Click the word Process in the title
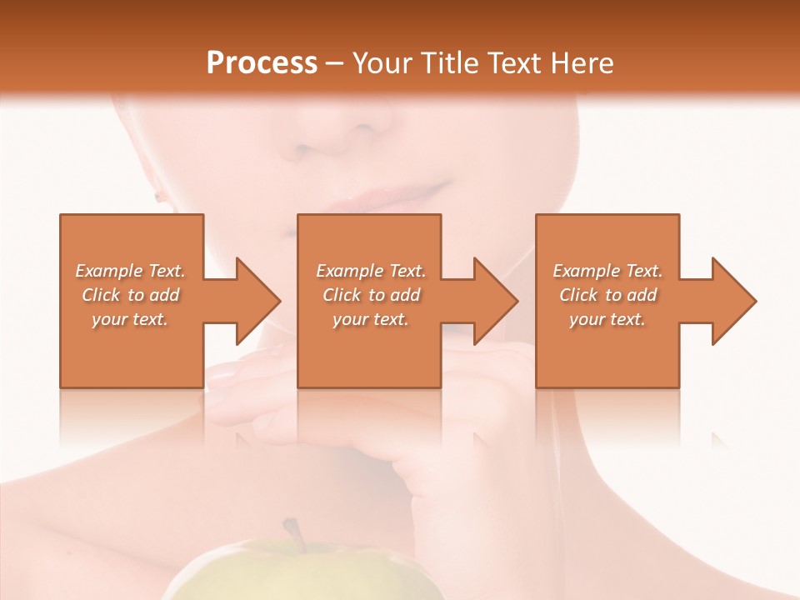point(262,63)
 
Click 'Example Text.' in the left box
point(130,271)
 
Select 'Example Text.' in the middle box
point(371,271)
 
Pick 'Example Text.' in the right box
point(607,271)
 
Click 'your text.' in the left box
point(130,319)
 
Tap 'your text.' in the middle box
point(371,319)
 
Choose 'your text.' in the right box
point(607,319)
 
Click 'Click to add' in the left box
point(130,295)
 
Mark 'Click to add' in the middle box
point(371,295)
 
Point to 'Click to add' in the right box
point(607,295)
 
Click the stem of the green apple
point(292,532)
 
